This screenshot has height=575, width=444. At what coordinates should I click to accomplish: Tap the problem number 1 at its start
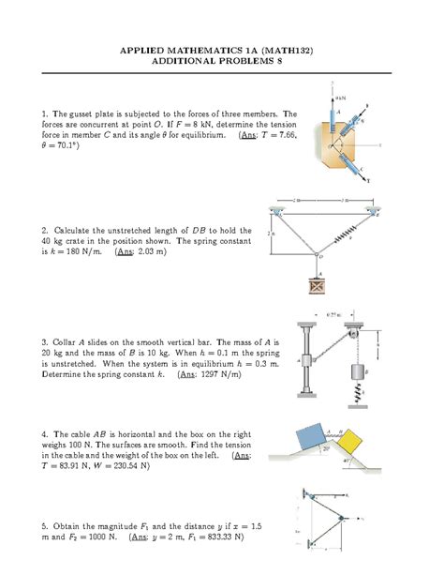pyautogui.click(x=44, y=113)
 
